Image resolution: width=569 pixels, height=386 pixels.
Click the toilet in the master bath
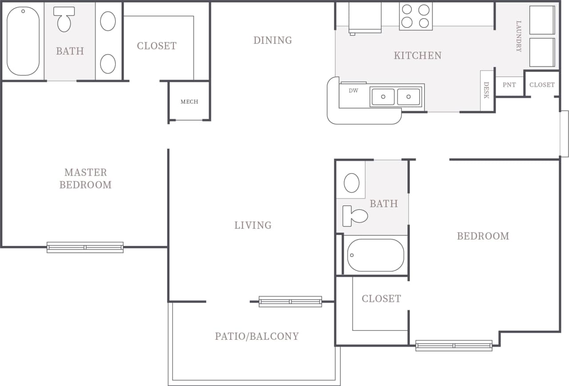64,20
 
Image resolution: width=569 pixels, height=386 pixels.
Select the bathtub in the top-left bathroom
23,41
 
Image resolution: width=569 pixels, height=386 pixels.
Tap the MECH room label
189,102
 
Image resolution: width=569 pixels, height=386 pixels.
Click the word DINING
272,40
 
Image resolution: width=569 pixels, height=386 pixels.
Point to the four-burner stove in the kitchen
416,16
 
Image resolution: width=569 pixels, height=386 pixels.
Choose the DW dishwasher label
353,91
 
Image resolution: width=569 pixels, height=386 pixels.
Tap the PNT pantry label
509,85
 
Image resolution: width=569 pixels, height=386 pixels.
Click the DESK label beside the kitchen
486,90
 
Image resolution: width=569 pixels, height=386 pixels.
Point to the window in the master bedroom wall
85,247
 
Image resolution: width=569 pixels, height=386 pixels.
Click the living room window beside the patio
290,302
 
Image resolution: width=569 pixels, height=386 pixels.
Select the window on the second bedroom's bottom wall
454,346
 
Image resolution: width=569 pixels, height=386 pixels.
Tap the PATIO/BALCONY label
257,336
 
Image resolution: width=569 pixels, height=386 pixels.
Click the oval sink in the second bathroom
352,183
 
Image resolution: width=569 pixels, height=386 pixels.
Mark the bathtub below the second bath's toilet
375,255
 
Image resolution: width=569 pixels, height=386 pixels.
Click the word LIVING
253,225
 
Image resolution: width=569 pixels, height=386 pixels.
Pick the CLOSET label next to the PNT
542,85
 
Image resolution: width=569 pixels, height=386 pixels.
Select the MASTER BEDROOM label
85,178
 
